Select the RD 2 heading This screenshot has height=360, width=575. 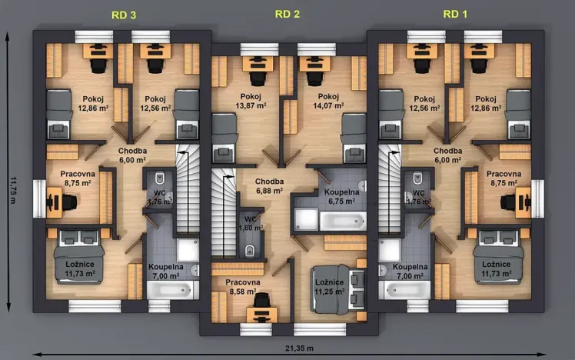tap(287, 13)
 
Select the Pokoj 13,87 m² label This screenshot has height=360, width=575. tap(251, 101)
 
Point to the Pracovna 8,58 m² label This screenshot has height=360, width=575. tap(243, 287)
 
